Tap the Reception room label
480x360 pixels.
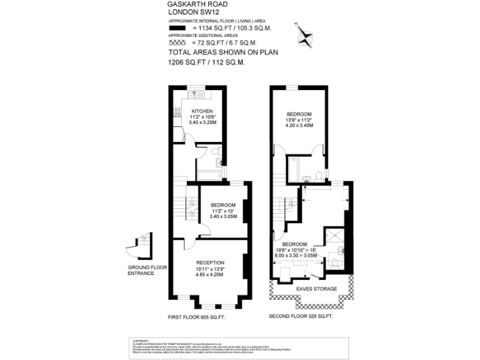pyautogui.click(x=210, y=262)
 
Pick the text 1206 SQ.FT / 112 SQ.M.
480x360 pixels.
pyautogui.click(x=206, y=62)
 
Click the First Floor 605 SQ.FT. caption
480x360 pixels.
pyautogui.click(x=197, y=317)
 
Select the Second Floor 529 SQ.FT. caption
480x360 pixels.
pyautogui.click(x=301, y=317)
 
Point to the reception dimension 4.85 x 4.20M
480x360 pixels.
pyautogui.click(x=210, y=275)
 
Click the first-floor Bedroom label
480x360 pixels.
pyautogui.click(x=223, y=206)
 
